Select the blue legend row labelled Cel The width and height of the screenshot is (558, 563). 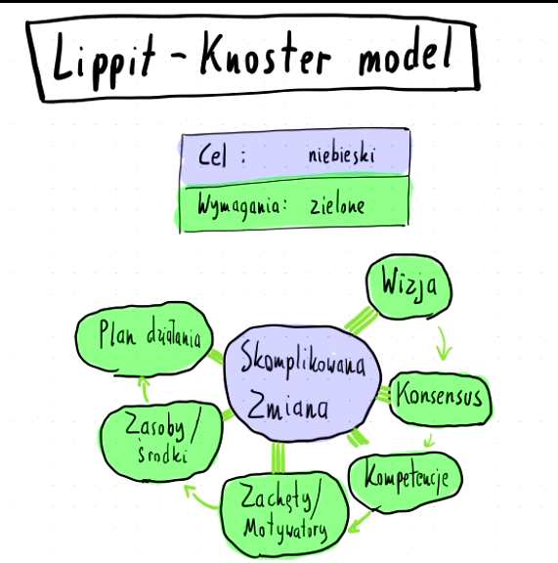[x=293, y=154]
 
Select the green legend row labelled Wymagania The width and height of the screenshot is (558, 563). [x=293, y=204]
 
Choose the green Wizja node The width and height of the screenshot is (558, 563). [x=409, y=287]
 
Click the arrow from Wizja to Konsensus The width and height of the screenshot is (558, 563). [x=445, y=342]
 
